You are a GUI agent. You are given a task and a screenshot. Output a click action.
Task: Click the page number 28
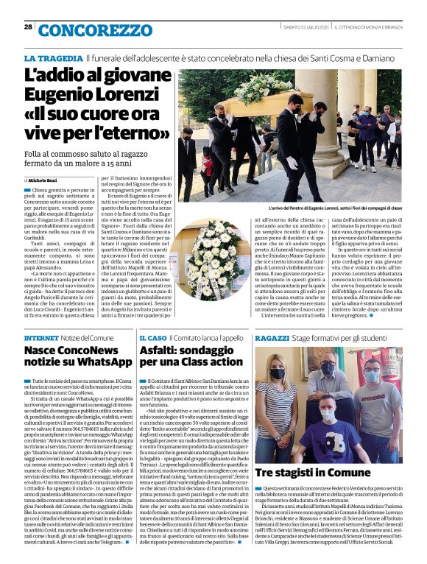27,27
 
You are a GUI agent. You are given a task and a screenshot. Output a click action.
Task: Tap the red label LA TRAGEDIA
53,57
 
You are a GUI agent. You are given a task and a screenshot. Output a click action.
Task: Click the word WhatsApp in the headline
99,363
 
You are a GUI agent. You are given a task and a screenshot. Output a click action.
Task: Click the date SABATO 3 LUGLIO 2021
294,27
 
